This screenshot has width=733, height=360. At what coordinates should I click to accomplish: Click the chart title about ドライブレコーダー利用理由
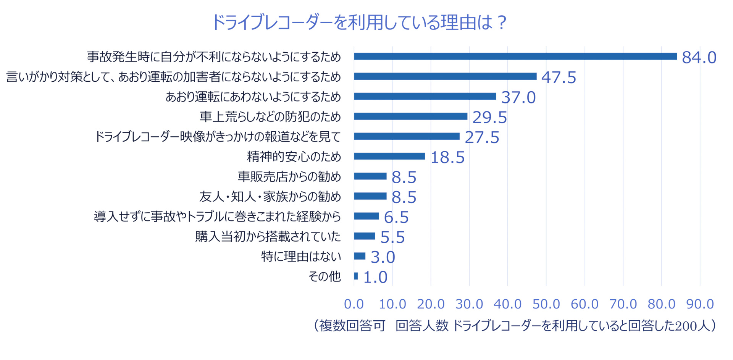pyautogui.click(x=359, y=22)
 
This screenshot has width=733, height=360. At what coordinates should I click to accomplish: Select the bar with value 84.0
pyautogui.click(x=515, y=57)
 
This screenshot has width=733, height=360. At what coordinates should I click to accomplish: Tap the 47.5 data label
pyautogui.click(x=559, y=77)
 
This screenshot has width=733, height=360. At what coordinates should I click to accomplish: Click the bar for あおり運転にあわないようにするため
pyautogui.click(x=425, y=96)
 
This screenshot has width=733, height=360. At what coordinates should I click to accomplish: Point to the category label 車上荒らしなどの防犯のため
pyautogui.click(x=270, y=117)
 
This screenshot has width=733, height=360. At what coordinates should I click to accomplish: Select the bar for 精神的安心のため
pyautogui.click(x=389, y=156)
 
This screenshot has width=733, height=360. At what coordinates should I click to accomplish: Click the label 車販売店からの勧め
pyautogui.click(x=289, y=177)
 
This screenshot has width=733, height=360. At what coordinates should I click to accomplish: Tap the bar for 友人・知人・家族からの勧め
pyautogui.click(x=370, y=196)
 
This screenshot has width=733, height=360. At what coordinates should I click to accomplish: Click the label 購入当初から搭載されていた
pyautogui.click(x=268, y=237)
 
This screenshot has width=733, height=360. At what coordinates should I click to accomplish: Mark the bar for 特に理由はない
pyautogui.click(x=359, y=256)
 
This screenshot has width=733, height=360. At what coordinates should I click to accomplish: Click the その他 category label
pyautogui.click(x=324, y=276)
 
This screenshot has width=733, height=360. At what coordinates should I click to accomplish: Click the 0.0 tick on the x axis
pyautogui.click(x=354, y=304)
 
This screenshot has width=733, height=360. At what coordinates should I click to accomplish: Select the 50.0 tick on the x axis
pyautogui.click(x=546, y=304)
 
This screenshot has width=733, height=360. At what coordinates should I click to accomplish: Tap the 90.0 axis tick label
pyautogui.click(x=700, y=304)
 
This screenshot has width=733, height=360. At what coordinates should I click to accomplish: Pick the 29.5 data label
pyautogui.click(x=489, y=118)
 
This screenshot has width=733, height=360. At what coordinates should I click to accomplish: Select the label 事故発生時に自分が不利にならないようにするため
pyautogui.click(x=213, y=57)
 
